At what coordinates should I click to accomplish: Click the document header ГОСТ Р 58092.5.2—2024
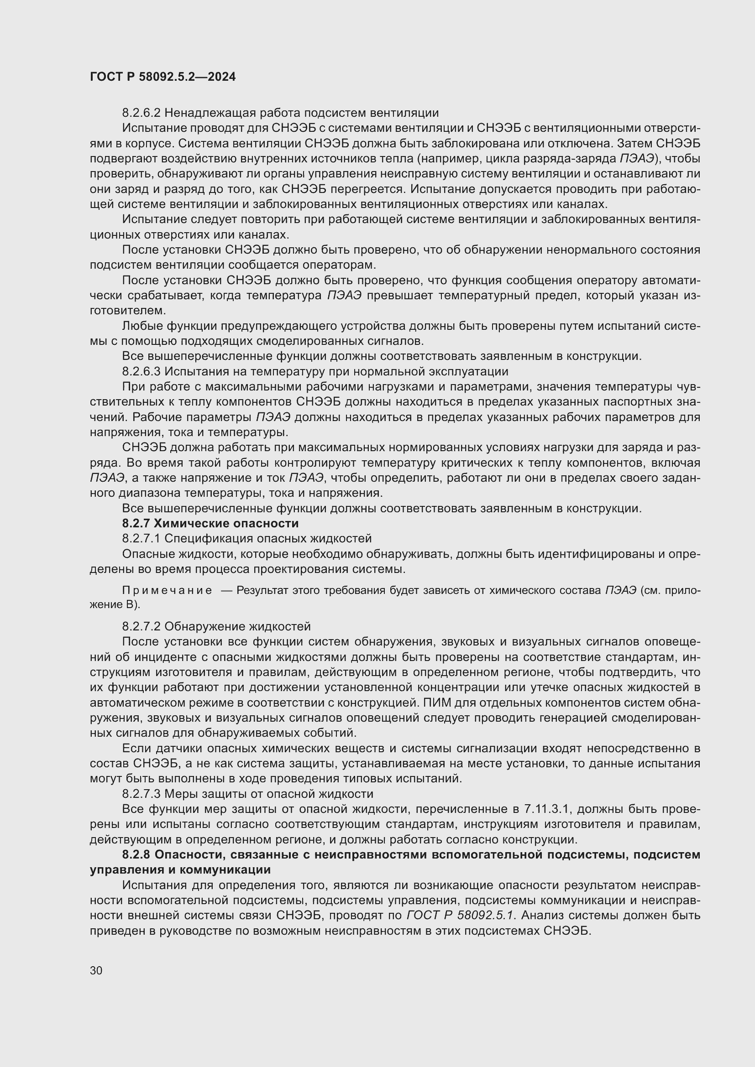163,77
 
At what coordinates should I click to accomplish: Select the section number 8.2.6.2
142,113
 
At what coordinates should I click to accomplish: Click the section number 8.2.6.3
142,371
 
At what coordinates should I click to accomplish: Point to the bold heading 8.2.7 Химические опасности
210,523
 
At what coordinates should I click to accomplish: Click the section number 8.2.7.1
142,539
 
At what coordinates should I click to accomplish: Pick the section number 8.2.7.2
142,626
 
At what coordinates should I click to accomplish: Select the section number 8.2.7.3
142,794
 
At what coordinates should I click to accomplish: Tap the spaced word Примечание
167,591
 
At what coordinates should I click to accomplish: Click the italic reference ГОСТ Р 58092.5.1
460,916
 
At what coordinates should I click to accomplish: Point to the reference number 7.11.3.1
546,809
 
